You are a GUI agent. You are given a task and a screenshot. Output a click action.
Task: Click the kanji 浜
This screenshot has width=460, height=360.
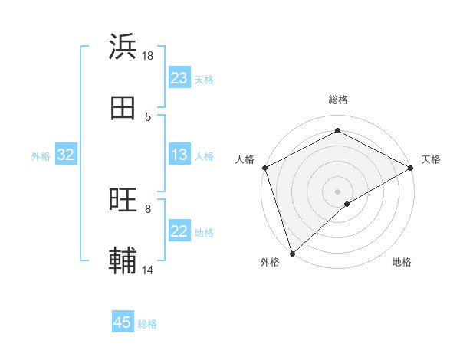click(123, 47)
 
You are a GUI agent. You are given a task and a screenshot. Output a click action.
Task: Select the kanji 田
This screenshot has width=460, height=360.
click(123, 109)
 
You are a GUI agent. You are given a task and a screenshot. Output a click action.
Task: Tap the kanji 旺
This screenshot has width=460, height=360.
click(123, 201)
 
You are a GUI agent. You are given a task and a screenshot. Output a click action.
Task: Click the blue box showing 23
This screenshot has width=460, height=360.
click(179, 78)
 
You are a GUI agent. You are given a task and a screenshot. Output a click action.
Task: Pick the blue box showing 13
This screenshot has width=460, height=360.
click(179, 155)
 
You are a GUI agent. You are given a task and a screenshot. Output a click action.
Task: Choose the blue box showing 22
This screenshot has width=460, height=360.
click(179, 231)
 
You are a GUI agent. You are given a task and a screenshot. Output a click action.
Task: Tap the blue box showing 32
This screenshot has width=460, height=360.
click(66, 155)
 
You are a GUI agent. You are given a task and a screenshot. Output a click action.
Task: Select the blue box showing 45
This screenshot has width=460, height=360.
click(123, 322)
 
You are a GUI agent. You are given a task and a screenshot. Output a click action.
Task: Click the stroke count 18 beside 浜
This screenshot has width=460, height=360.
click(148, 55)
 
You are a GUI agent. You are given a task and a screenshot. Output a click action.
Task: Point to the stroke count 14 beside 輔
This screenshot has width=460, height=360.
click(148, 270)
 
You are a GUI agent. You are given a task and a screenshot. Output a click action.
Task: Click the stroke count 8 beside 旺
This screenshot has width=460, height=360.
click(148, 208)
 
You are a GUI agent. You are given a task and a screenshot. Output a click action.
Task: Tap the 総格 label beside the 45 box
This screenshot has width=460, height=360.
click(147, 324)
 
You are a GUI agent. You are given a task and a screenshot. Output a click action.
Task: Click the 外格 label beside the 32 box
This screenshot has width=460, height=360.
click(41, 155)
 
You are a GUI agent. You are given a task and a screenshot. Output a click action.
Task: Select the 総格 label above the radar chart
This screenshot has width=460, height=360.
click(337, 100)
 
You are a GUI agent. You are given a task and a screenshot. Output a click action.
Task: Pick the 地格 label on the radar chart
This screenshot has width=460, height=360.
click(402, 262)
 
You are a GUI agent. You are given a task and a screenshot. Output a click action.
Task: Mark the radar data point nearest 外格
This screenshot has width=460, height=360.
click(292, 253)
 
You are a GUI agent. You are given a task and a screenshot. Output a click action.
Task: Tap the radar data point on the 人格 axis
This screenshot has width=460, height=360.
click(264, 167)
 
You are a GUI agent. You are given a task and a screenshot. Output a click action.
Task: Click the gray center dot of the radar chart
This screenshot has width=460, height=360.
click(337, 191)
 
